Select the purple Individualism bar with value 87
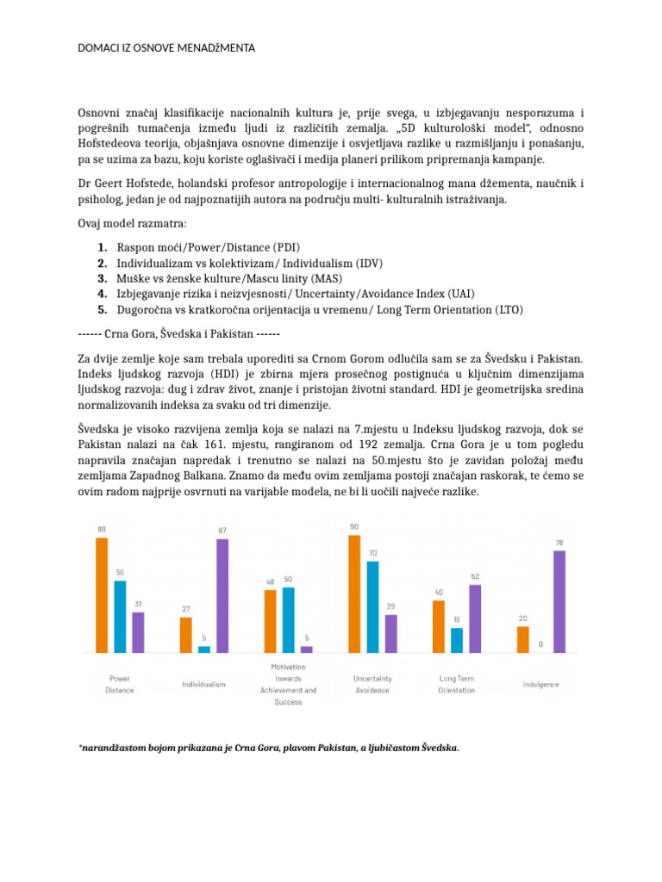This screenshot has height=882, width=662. [x=222, y=595]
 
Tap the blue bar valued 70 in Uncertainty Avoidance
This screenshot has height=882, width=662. [x=372, y=606]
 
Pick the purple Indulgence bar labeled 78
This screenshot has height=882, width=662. [x=559, y=600]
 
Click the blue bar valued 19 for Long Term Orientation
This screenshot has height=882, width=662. [x=457, y=639]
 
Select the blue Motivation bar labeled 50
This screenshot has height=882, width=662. [x=288, y=618]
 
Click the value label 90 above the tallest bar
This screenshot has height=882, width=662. [x=354, y=525]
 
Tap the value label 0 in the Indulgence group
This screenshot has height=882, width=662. [x=540, y=643]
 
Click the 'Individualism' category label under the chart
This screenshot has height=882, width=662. [x=203, y=684]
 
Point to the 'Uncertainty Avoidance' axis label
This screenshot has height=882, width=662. [x=372, y=684]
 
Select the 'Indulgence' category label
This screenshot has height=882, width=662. [x=540, y=684]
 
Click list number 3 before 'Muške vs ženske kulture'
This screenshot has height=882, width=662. [x=103, y=279]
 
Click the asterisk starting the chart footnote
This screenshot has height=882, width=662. [x=80, y=748]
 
